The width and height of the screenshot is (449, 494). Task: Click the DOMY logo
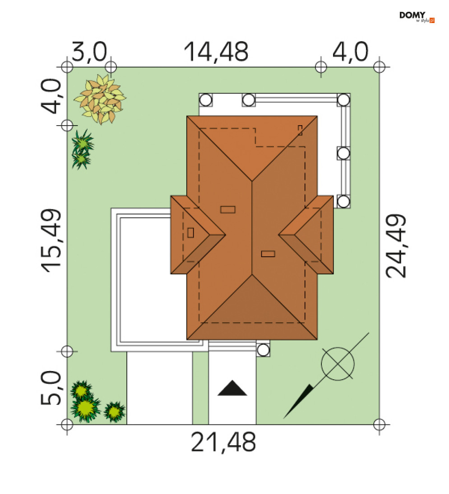[417, 17]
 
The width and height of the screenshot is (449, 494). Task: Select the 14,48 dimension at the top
[216, 52]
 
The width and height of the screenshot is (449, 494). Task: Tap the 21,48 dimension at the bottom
[223, 442]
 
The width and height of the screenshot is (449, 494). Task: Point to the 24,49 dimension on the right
[396, 246]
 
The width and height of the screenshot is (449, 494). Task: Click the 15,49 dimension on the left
[51, 240]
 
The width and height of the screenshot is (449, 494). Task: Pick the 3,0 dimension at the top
[89, 52]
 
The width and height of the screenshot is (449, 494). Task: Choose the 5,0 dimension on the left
[51, 387]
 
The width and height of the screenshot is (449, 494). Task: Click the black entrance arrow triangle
[232, 388]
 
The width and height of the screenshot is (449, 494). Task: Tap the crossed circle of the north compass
[338, 363]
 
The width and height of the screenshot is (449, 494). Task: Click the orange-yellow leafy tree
[100, 99]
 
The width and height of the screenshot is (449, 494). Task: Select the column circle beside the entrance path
[263, 350]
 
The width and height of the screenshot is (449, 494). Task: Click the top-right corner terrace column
[343, 100]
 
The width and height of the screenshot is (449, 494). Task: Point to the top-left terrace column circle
[205, 100]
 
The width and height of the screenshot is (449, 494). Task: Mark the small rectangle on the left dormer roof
[190, 233]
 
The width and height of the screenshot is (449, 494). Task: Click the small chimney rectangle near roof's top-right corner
[300, 130]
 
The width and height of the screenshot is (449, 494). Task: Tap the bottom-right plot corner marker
[379, 424]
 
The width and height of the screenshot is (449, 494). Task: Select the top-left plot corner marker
[67, 67]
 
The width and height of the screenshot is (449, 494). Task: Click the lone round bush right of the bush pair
[115, 411]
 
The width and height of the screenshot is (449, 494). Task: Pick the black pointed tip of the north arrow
[283, 418]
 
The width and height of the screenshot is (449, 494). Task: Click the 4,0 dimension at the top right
[350, 52]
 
